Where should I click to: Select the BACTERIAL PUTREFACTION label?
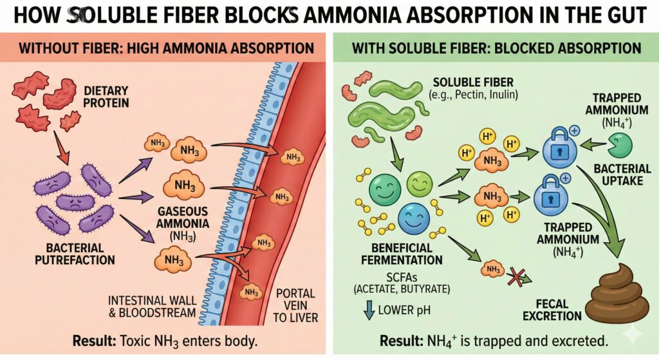[76, 254]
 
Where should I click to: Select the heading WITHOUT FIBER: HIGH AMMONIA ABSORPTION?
[165, 49]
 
